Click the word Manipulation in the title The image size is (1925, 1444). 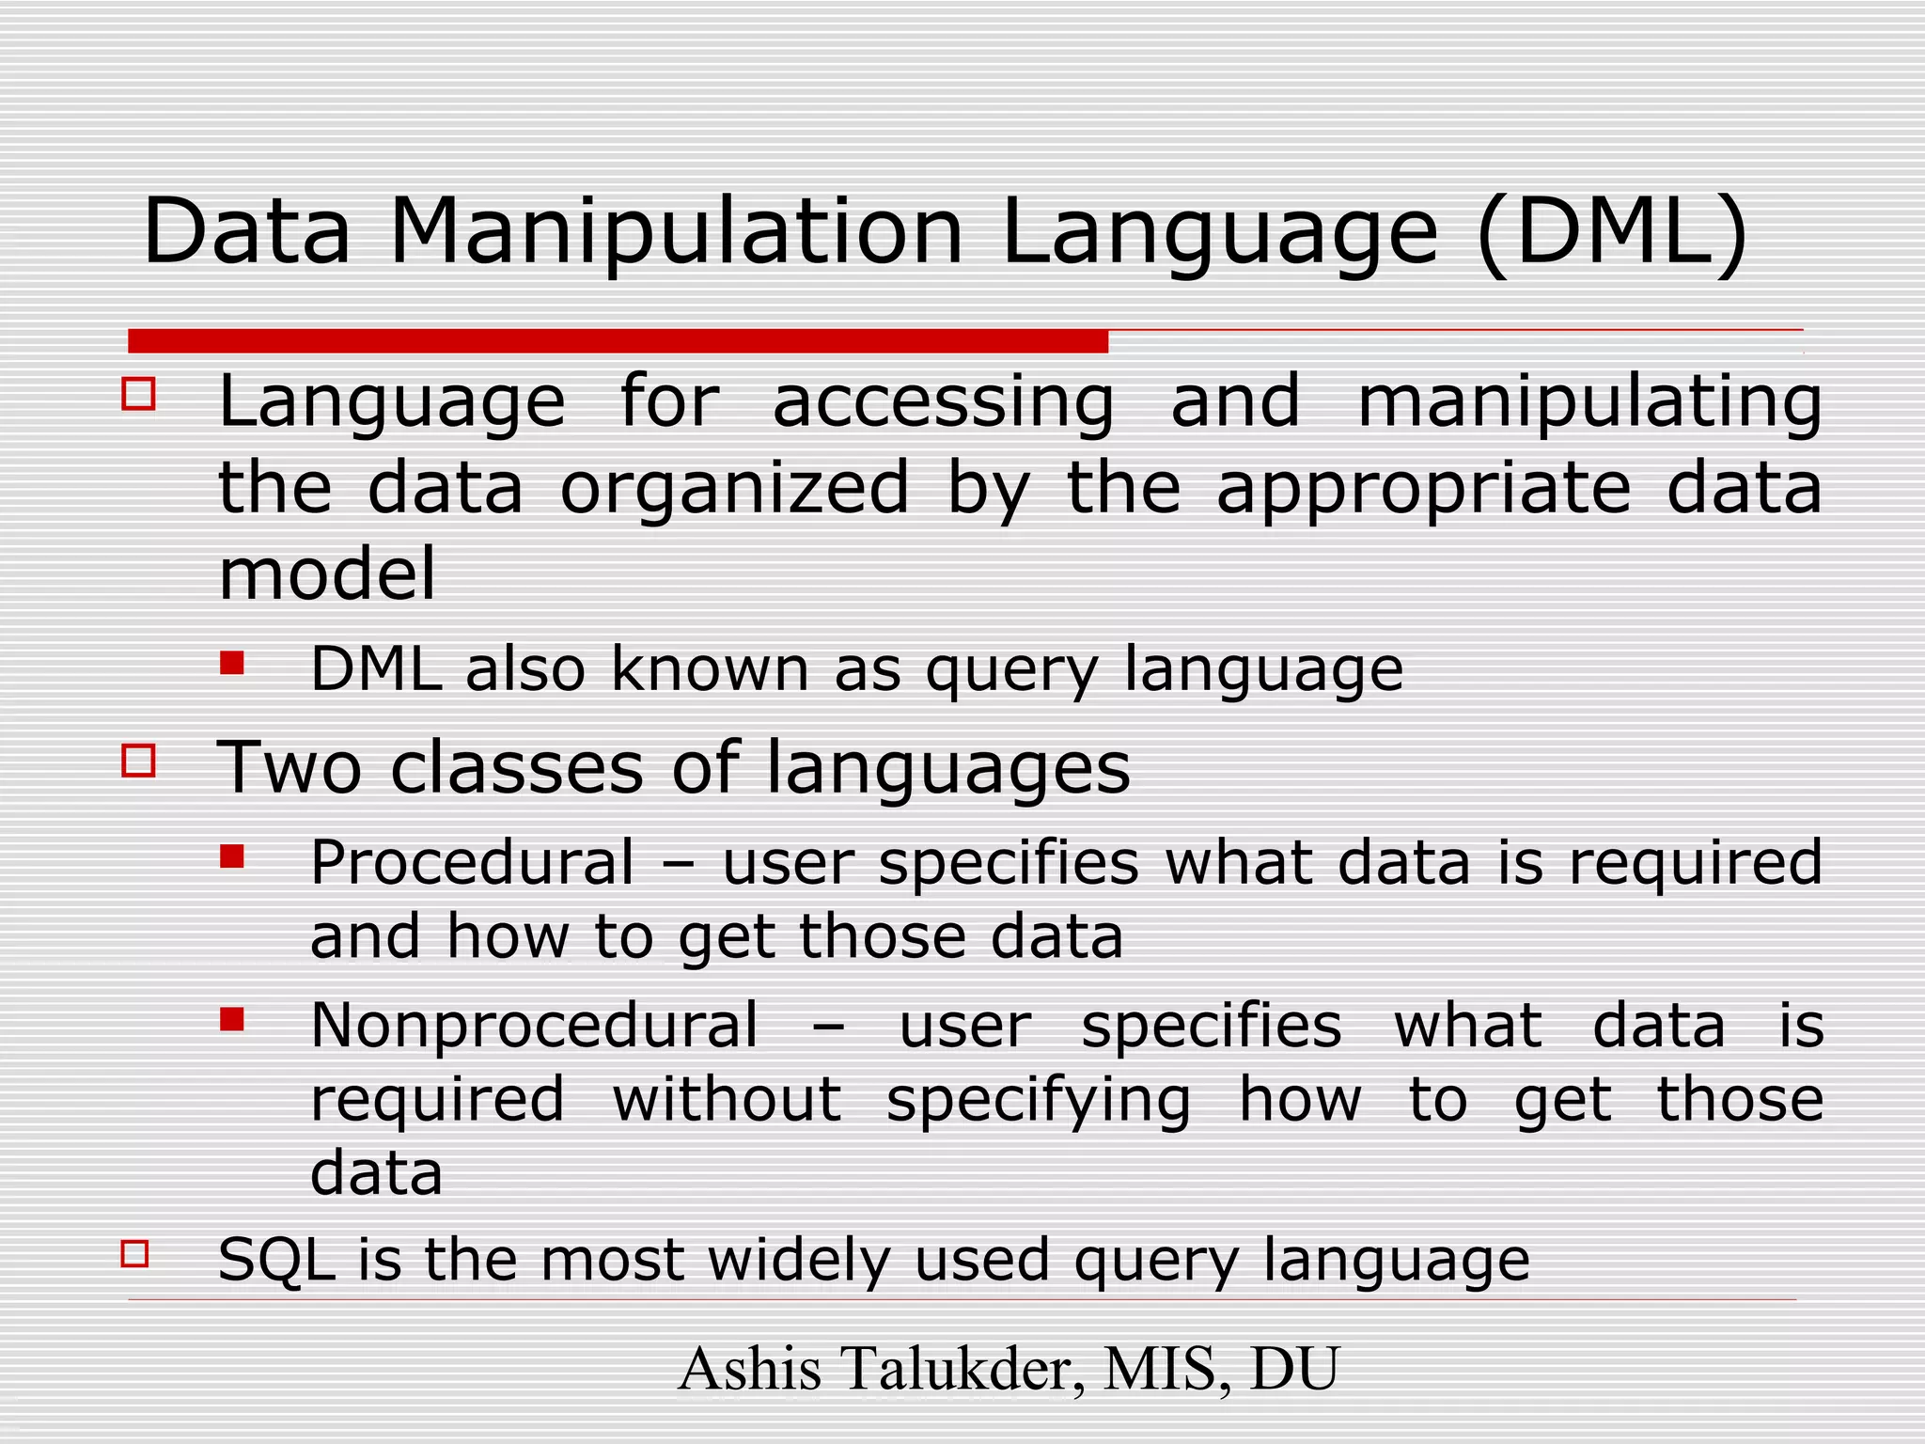(676, 232)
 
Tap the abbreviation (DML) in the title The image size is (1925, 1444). (1613, 232)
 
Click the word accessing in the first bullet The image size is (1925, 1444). (943, 402)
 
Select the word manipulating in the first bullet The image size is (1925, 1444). (1589, 402)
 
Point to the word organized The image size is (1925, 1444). (734, 489)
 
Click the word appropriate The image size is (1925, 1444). (1423, 489)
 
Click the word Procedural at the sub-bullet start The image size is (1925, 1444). (473, 862)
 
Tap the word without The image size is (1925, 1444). (727, 1099)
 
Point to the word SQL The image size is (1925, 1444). (276, 1260)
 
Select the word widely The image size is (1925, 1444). (799, 1260)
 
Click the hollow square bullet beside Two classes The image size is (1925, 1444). (138, 760)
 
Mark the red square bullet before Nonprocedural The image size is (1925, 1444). (232, 1019)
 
